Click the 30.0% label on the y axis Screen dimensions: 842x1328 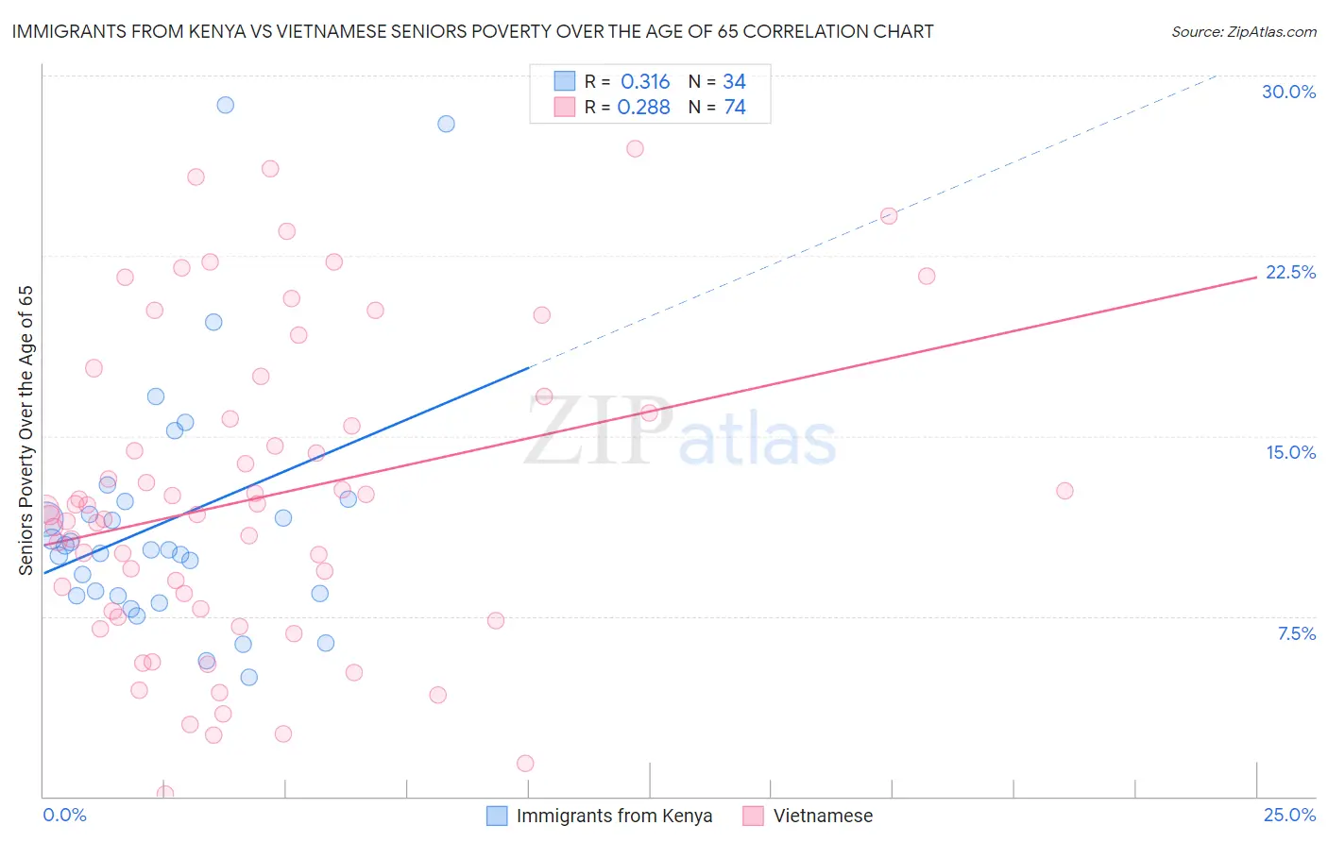[1288, 92]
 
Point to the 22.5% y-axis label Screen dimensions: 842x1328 [1290, 272]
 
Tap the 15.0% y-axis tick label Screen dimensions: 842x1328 [1290, 452]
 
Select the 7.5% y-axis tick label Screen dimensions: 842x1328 [1296, 633]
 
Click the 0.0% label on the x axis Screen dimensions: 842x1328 [64, 815]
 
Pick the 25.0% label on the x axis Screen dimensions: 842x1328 [1289, 815]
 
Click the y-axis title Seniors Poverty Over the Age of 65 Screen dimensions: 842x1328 [26, 430]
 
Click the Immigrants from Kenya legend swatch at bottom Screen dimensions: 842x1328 [497, 816]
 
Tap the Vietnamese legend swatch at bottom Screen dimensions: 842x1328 [753, 816]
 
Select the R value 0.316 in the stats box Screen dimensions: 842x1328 [645, 82]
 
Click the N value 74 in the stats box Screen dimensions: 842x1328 [735, 108]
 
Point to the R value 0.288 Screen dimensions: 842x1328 [643, 108]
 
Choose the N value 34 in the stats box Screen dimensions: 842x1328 [734, 82]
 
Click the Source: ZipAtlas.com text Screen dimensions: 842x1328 [1243, 32]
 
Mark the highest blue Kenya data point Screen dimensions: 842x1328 [225, 105]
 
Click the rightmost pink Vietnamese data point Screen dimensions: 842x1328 [1064, 491]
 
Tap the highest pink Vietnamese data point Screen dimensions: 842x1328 [635, 149]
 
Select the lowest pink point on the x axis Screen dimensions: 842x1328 [165, 793]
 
